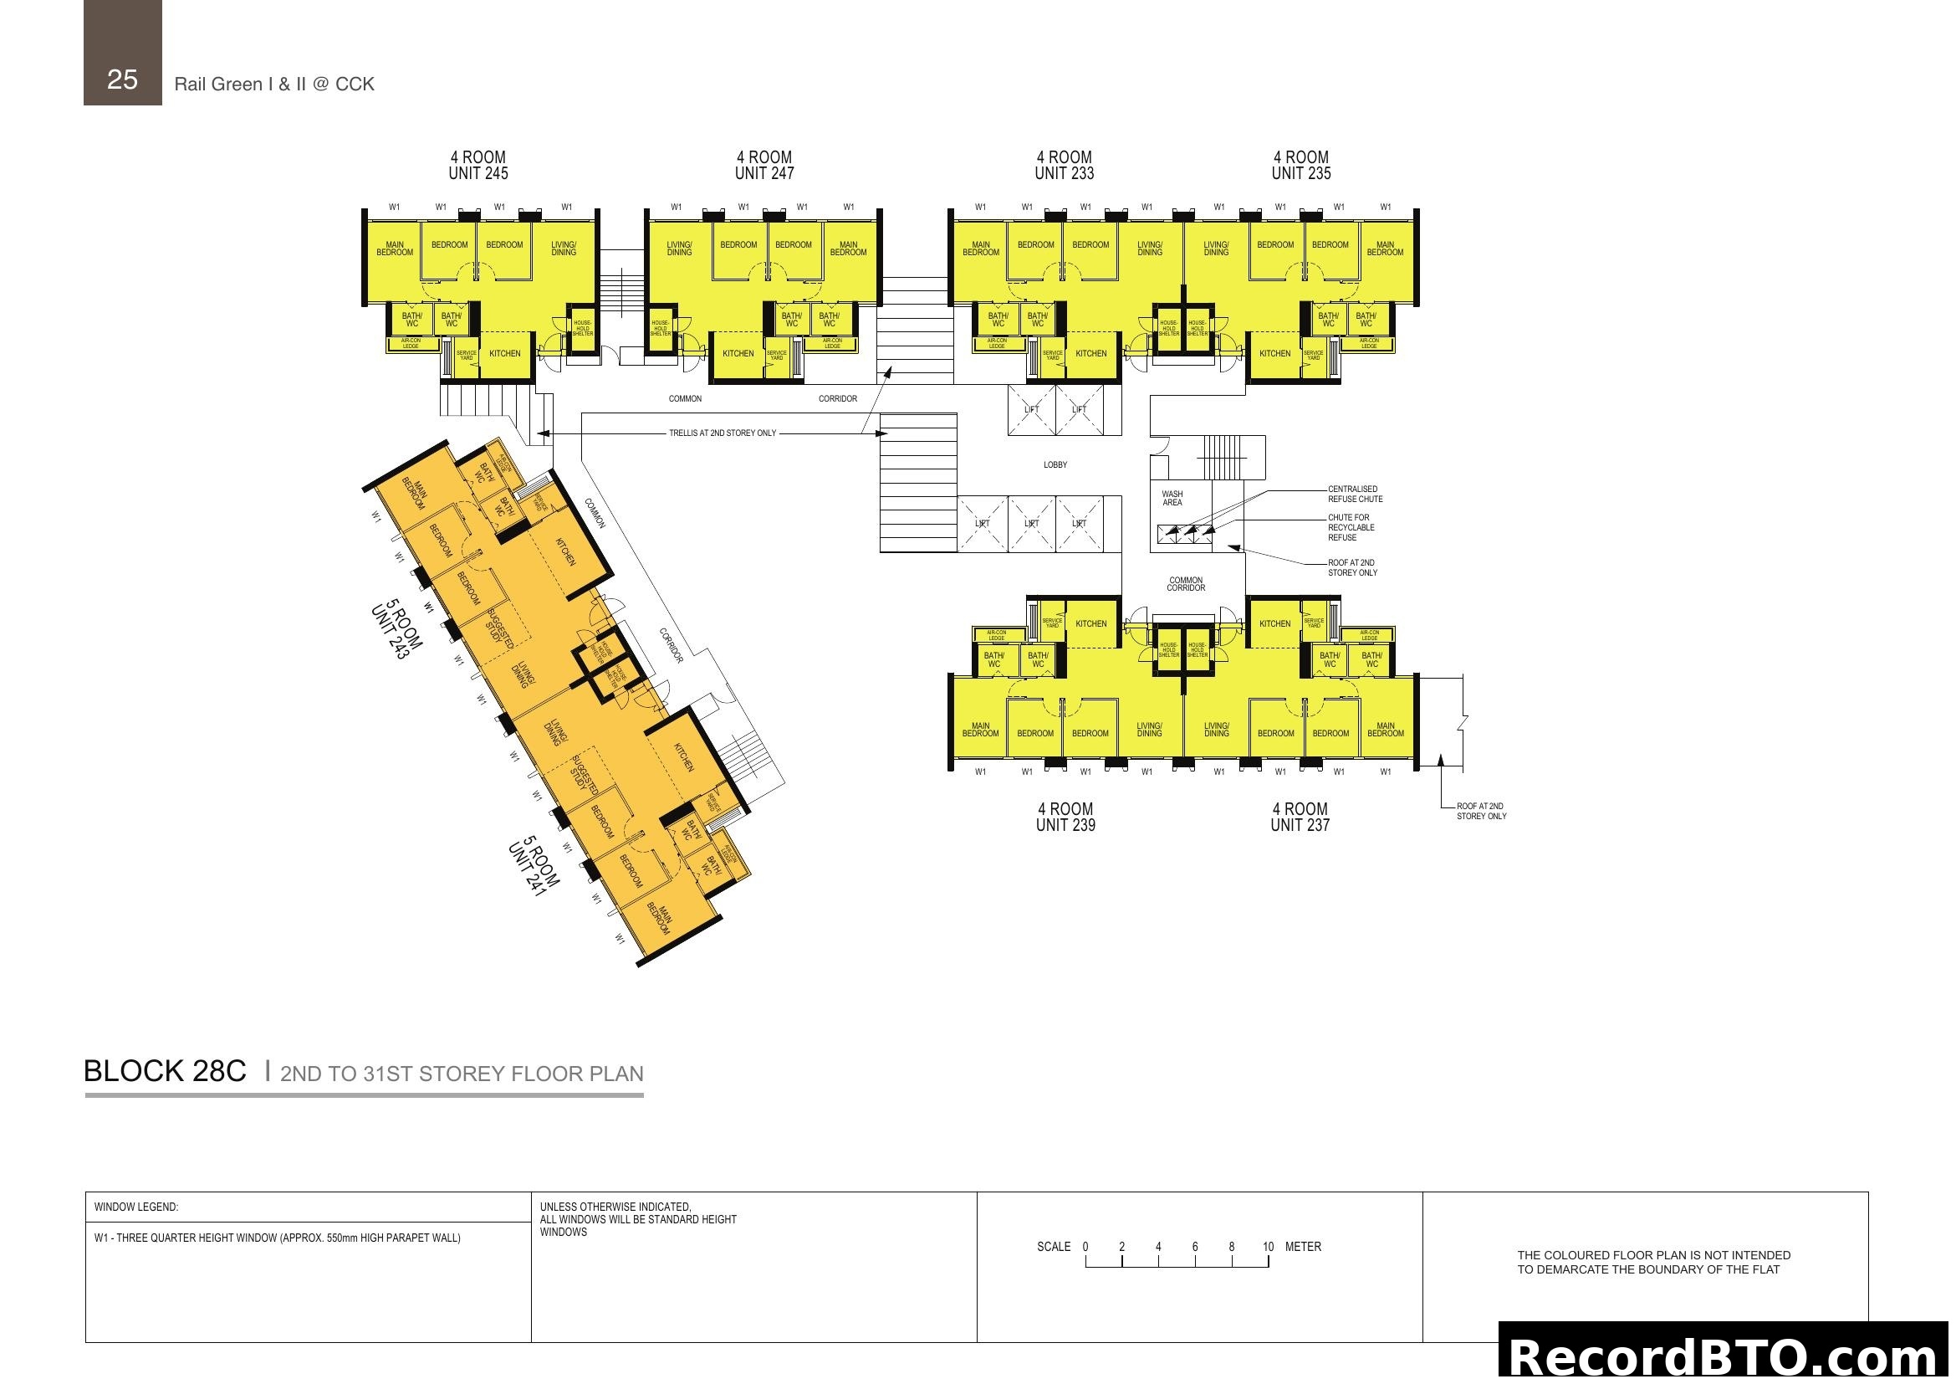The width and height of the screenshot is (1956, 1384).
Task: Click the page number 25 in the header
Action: point(123,79)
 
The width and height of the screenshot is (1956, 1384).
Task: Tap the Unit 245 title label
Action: point(478,166)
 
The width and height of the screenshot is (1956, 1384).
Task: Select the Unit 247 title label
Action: point(764,166)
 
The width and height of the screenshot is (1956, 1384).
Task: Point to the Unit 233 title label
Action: point(1064,166)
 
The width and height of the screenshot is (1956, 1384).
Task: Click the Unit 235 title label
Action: point(1301,166)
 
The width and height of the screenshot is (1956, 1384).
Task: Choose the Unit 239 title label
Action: point(1065,817)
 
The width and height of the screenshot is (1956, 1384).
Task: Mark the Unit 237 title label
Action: point(1300,817)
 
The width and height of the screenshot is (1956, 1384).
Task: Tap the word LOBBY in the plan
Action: point(1055,465)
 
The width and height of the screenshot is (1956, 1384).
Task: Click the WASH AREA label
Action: point(1172,499)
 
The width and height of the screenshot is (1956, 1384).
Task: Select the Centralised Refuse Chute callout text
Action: point(1355,495)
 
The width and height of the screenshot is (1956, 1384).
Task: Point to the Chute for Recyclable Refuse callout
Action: point(1351,527)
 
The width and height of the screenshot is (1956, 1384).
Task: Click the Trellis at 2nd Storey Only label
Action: point(723,433)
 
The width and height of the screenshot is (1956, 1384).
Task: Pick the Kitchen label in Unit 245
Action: point(504,354)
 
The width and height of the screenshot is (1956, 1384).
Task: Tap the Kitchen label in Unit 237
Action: point(1274,624)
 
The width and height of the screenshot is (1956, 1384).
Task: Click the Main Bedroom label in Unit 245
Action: point(395,249)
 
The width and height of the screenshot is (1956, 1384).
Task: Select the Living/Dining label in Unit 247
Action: point(679,249)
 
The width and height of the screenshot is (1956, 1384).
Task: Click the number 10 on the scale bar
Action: point(1268,1247)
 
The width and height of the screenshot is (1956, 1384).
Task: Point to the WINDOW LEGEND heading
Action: point(136,1207)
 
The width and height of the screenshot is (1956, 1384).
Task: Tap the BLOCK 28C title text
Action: point(166,1071)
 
